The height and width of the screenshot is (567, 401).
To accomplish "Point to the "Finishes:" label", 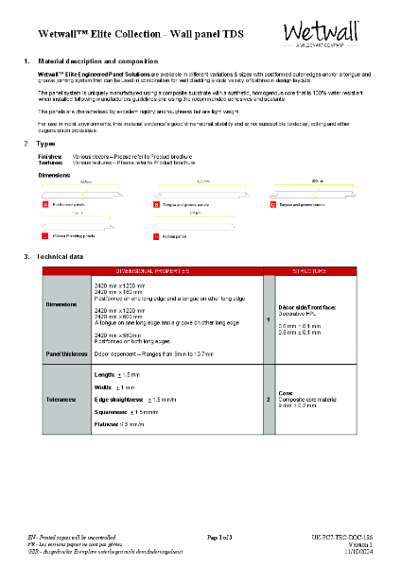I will coord(50,155).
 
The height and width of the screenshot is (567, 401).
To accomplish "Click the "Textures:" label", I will coord(50,162).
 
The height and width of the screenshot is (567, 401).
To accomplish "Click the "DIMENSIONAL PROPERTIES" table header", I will coord(155,270).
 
